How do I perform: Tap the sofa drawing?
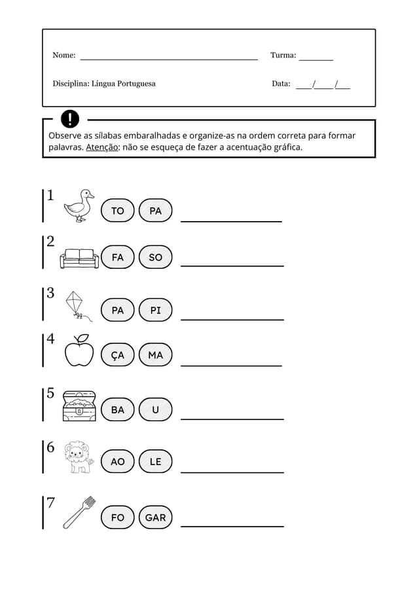tap(79, 258)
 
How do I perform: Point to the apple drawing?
tap(79, 352)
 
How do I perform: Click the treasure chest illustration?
tap(79, 406)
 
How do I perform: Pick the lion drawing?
tap(79, 457)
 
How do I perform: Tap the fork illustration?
tap(79, 512)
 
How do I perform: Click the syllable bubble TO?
tap(118, 211)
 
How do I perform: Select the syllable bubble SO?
tap(155, 258)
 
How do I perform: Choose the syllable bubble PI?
tap(155, 310)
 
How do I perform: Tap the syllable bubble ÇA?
tap(118, 355)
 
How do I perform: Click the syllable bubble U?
tap(155, 409)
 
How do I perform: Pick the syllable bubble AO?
tap(118, 462)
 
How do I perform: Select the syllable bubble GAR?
tap(155, 517)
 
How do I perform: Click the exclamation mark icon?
tap(69, 119)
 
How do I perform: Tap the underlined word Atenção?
tap(102, 147)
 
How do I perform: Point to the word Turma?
tap(283, 56)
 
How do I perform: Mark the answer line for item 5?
tap(232, 418)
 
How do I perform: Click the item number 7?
tap(50, 503)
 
